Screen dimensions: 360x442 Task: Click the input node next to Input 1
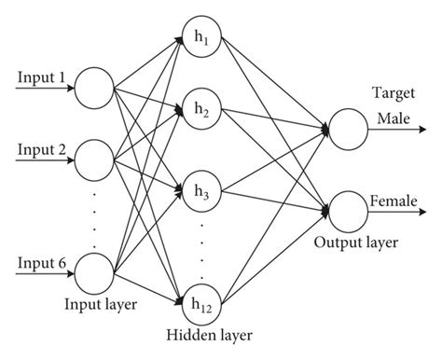pos(92,86)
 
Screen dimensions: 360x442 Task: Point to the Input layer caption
pos(100,303)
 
